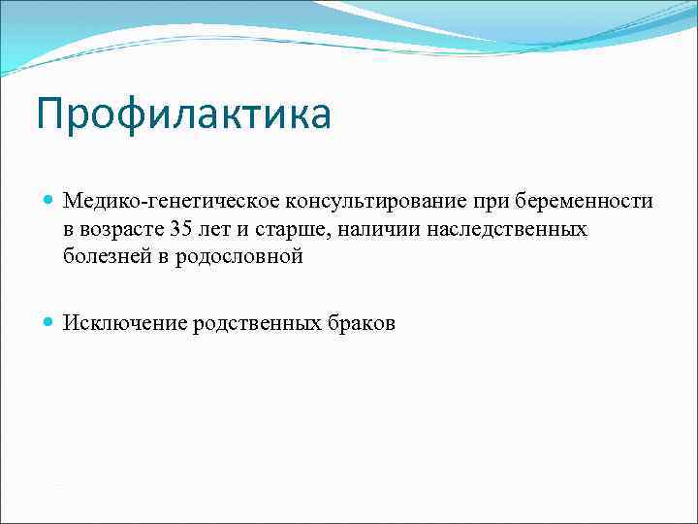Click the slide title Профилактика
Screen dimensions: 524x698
coord(184,114)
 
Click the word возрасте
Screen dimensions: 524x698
coord(121,229)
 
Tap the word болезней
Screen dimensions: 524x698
coord(103,257)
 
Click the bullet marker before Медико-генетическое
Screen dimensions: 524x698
coord(49,201)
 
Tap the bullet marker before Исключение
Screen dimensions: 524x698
coord(49,323)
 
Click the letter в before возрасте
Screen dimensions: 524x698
coord(70,229)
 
